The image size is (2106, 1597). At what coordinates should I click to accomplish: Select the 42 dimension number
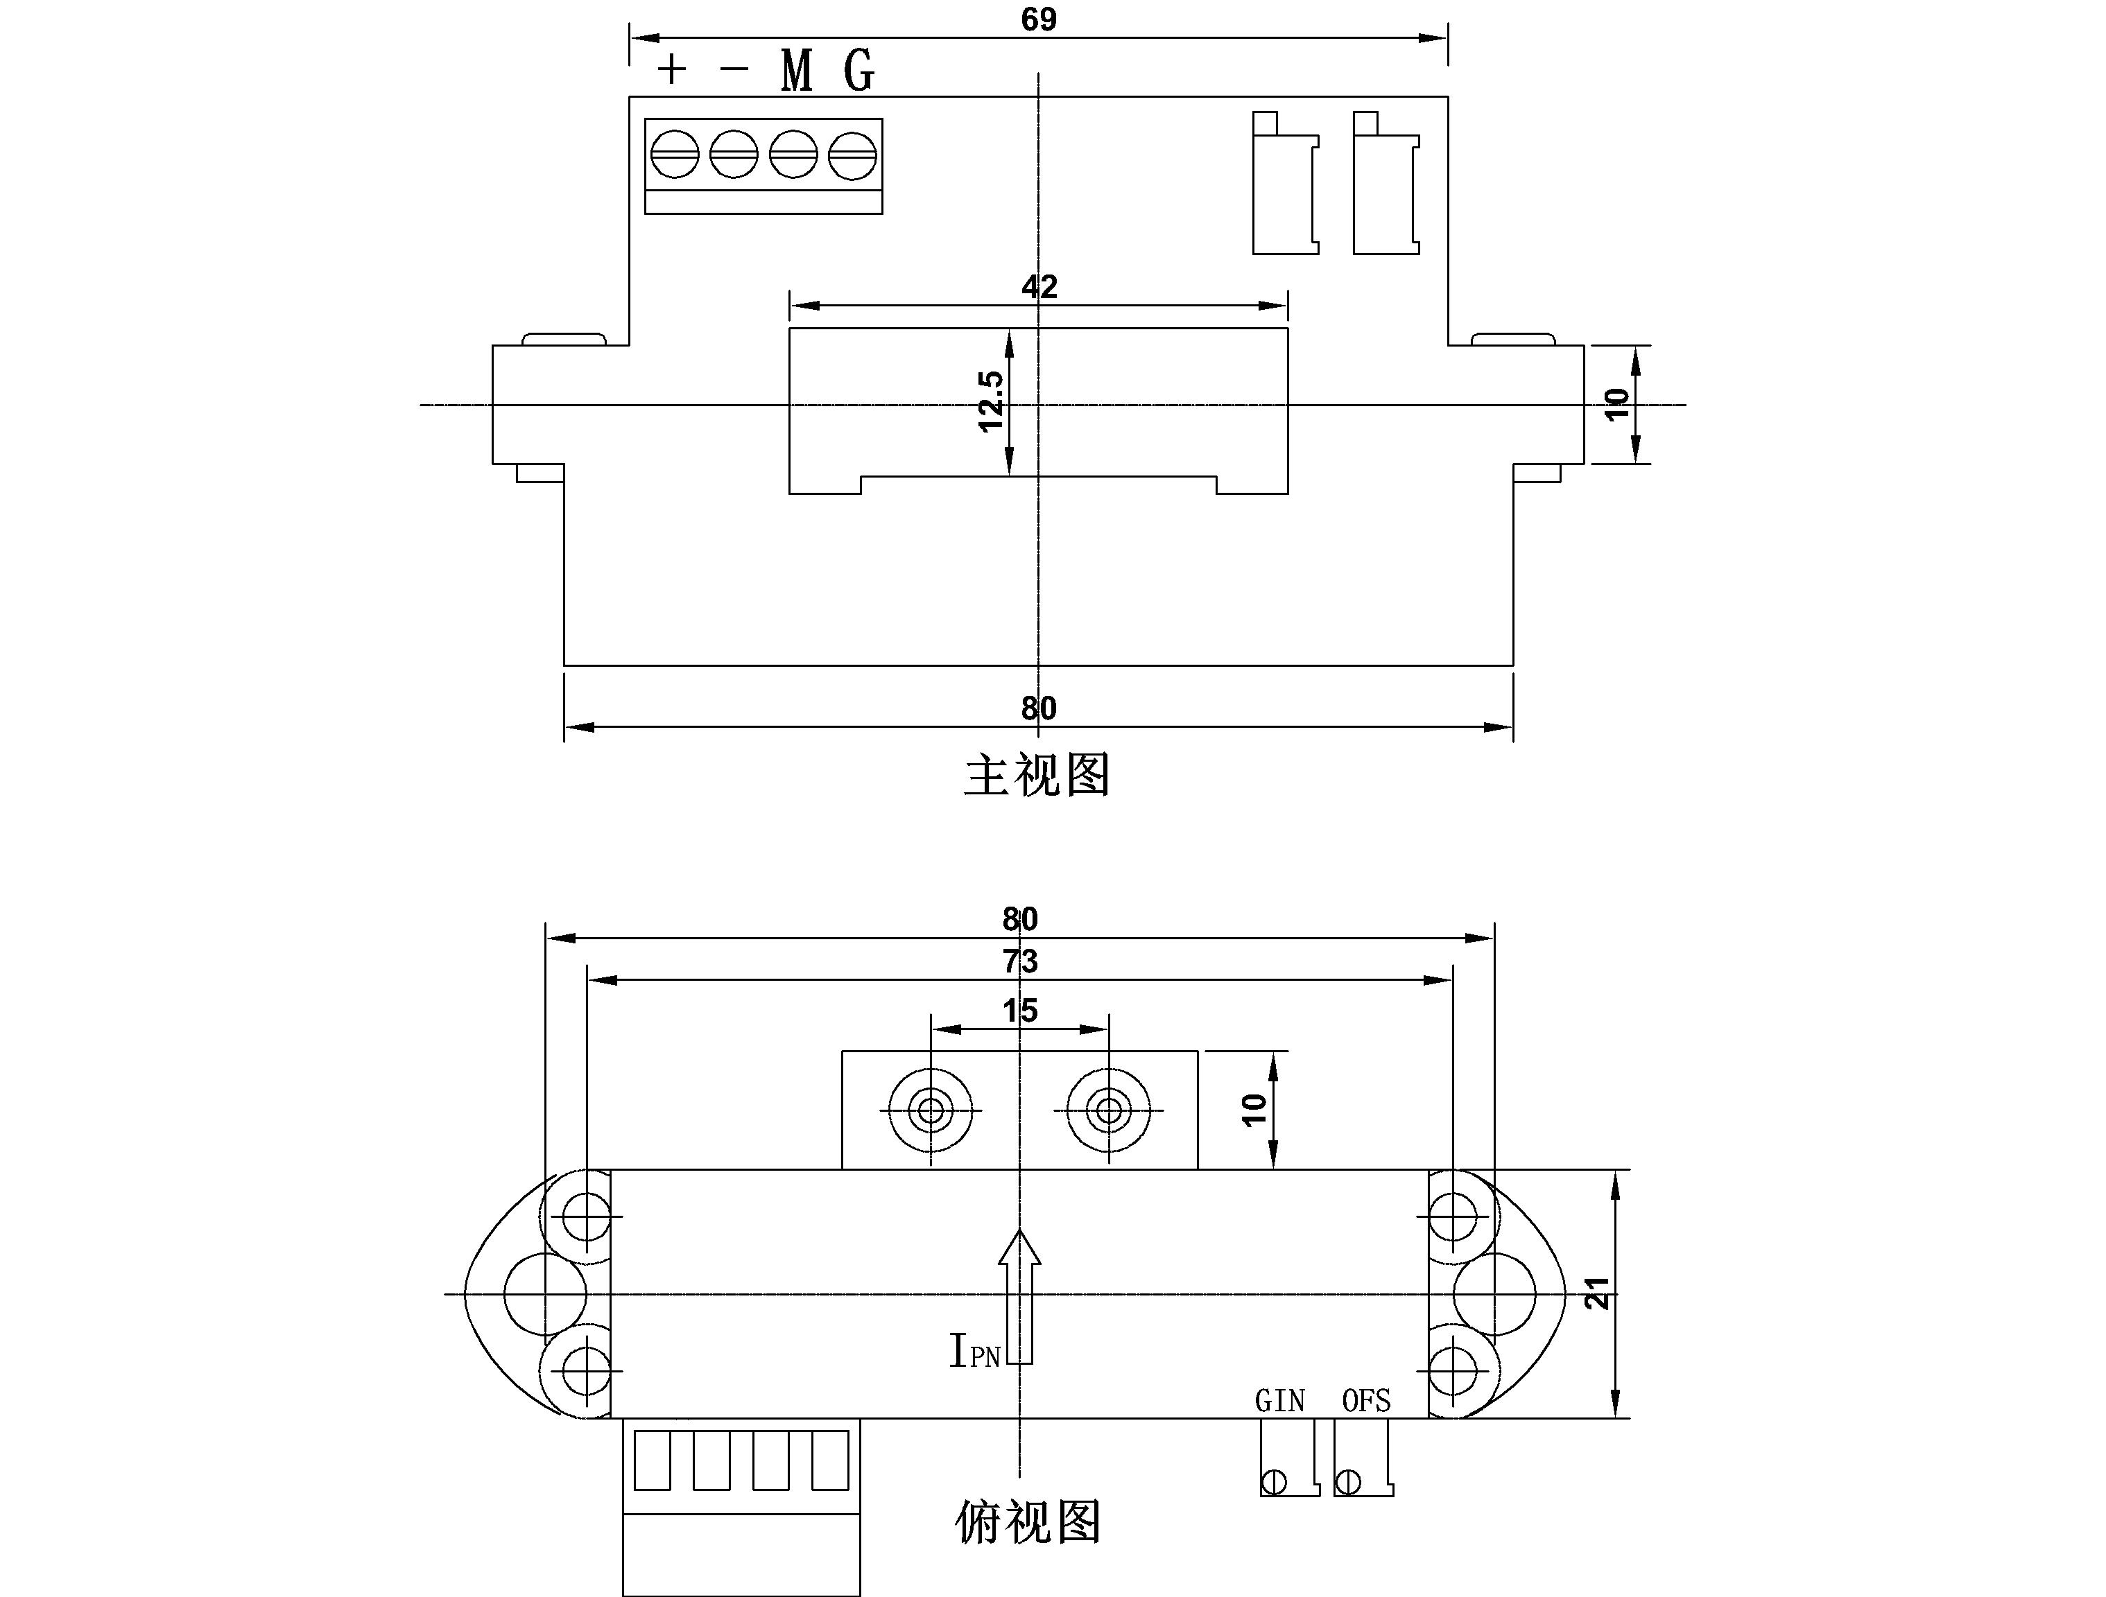tap(1039, 286)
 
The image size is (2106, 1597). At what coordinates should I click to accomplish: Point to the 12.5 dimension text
tap(991, 401)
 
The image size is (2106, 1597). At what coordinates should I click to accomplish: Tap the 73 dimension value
tap(1019, 961)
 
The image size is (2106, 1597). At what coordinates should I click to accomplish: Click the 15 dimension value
tap(1019, 1011)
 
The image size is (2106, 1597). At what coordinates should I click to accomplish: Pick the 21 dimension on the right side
tap(1598, 1293)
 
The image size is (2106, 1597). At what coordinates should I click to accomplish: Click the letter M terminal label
tap(797, 71)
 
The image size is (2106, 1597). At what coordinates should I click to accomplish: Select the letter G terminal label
tap(858, 71)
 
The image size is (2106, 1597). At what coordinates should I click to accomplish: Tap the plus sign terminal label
tap(672, 69)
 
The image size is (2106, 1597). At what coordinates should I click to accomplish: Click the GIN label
tap(1279, 1401)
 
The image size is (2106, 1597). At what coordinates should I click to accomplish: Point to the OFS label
tap(1366, 1401)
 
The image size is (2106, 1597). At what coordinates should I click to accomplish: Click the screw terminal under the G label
tap(852, 154)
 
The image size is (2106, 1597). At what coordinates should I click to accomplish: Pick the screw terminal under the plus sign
tap(674, 154)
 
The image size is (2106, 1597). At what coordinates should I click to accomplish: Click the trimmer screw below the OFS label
tap(1348, 1482)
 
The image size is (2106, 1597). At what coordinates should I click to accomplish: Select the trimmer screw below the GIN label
tap(1274, 1482)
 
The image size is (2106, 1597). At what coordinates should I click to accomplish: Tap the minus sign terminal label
tap(734, 69)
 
